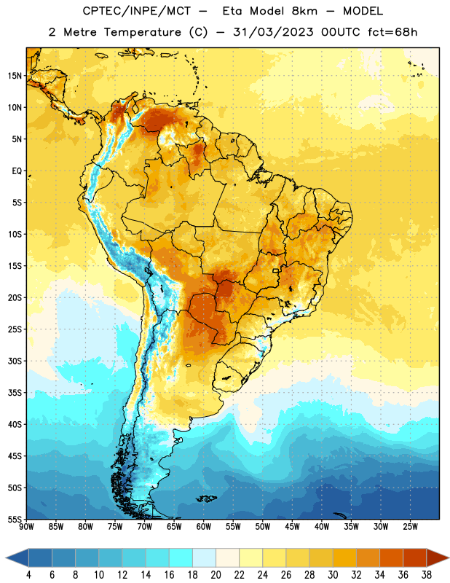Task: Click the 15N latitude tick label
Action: coord(15,76)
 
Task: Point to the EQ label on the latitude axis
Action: coord(17,171)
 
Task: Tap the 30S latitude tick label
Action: coord(15,361)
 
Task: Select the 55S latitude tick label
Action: coord(15,520)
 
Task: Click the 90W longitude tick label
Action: coord(26,527)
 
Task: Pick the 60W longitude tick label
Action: coord(204,527)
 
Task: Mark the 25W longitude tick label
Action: coord(410,527)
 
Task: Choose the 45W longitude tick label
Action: coord(292,527)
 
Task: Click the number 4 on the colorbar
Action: coord(28,575)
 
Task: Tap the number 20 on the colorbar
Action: coord(216,575)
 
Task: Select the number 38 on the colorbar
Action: coord(427,575)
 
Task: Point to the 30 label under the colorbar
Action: coord(333,575)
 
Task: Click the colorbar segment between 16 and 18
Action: coord(181,557)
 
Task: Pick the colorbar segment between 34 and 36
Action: coord(391,557)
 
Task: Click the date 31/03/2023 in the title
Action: coord(273,32)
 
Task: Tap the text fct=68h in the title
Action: coord(392,32)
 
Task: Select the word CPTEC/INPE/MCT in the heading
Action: coord(137,11)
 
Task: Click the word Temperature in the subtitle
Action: coord(142,32)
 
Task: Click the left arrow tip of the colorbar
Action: coord(6,557)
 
